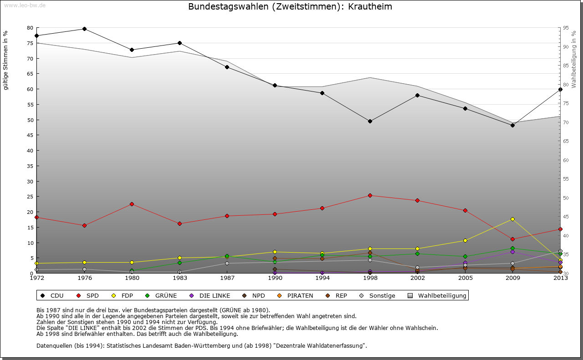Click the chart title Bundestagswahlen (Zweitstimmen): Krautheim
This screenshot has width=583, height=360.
(290, 7)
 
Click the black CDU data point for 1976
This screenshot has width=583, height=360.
(84, 29)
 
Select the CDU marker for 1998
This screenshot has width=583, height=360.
(370, 121)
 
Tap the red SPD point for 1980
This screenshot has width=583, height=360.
(132, 204)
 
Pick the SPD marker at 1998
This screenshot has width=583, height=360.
(370, 196)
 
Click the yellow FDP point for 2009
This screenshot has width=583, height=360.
(512, 219)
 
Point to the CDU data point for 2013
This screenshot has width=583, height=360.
(560, 89)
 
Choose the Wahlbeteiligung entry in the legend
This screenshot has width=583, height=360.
(442, 295)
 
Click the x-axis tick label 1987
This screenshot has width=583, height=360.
(227, 278)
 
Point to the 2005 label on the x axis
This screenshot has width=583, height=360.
(465, 278)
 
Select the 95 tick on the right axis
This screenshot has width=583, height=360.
(566, 28)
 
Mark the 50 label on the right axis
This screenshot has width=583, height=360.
(566, 198)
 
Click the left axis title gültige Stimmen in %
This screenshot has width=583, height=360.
(6, 61)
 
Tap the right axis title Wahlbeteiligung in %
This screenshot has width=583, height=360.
(574, 60)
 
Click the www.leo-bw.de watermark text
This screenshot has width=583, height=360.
(25, 5)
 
